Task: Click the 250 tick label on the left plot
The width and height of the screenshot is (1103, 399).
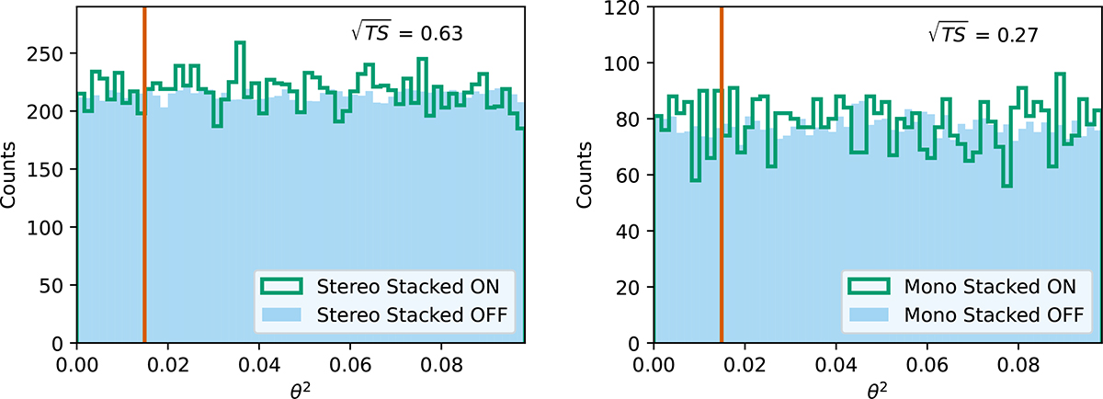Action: [51, 54]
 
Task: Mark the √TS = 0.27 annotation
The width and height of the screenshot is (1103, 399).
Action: [981, 35]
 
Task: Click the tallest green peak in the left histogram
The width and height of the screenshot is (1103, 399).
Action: [240, 43]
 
